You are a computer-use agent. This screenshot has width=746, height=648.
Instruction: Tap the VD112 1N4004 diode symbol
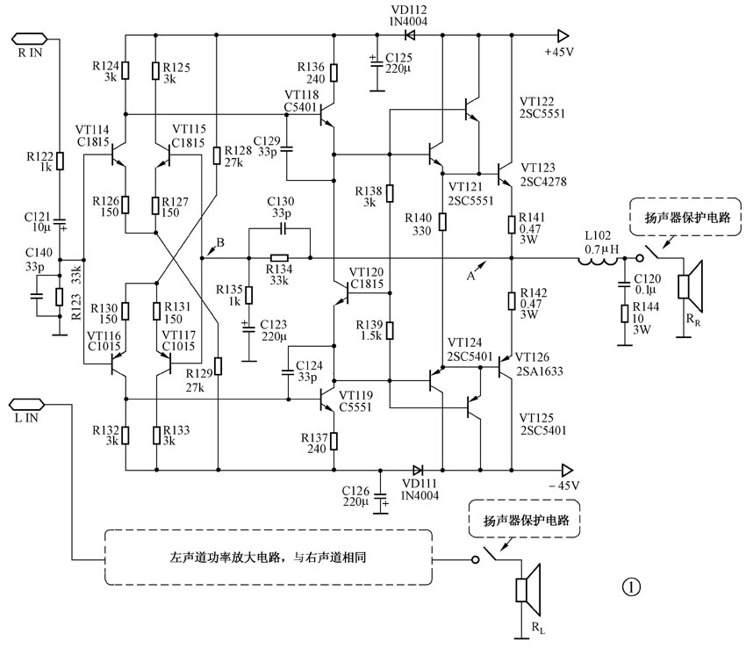tap(409, 36)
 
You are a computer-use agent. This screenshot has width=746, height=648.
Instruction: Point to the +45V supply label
tap(558, 52)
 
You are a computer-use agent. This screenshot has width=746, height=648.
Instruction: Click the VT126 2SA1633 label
tap(542, 364)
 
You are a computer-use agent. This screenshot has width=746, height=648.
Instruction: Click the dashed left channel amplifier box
tap(269, 558)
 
